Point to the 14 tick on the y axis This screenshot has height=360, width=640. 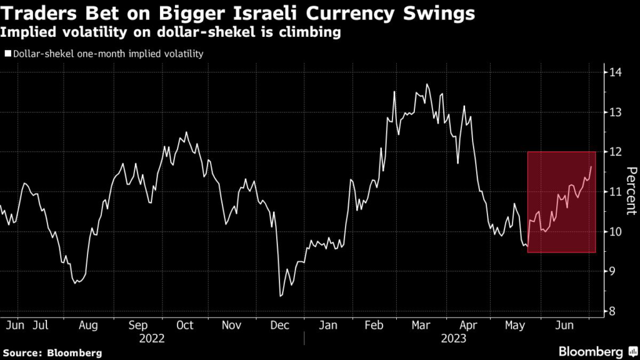[x=616, y=72]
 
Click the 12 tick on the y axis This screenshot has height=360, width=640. [x=616, y=152]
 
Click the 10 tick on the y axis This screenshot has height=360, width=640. [x=616, y=232]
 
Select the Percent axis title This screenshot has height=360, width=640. [x=631, y=191]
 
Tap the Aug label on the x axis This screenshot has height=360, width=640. [x=88, y=326]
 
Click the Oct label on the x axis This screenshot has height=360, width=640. [x=185, y=326]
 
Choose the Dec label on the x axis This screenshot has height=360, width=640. [x=280, y=326]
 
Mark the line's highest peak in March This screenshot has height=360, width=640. [x=427, y=84]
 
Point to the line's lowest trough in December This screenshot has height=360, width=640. [x=280, y=296]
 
